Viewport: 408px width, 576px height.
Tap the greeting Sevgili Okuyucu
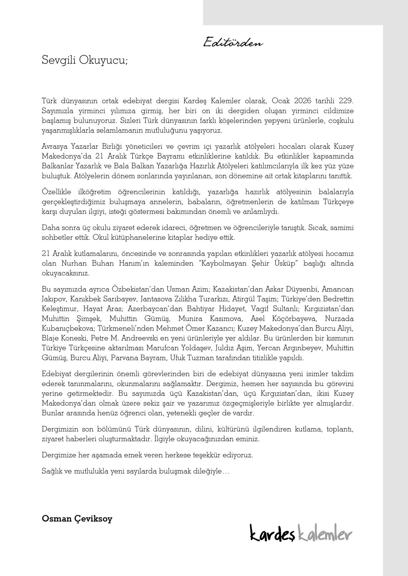coord(85,60)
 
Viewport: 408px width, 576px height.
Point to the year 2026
coord(305,101)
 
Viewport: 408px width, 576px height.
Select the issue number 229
coord(346,101)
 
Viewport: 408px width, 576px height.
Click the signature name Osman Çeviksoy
coord(77,518)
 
